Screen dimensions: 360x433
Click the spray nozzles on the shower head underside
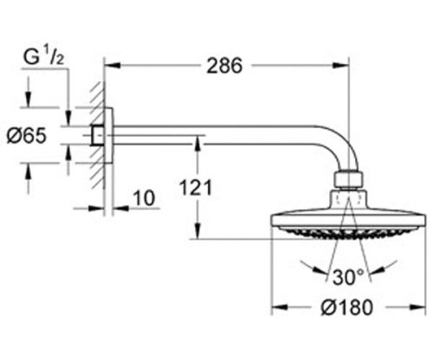(x=346, y=235)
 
